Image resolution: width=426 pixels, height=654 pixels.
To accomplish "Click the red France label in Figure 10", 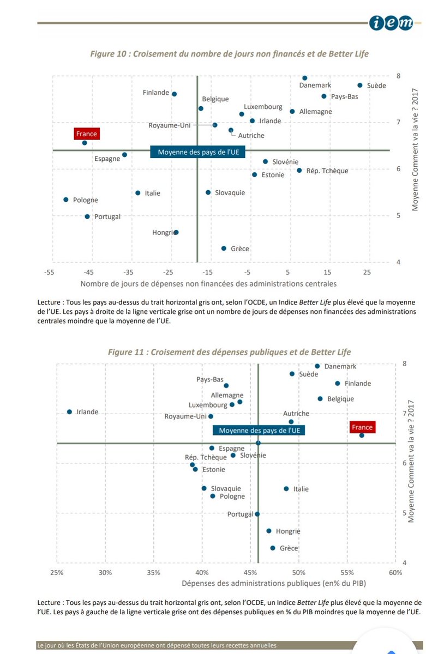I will [x=87, y=134].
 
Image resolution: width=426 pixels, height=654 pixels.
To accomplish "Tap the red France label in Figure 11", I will [x=362, y=427].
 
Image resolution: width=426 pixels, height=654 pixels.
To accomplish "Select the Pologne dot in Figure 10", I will [x=66, y=199].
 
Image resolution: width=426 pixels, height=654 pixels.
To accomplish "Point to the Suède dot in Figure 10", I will [x=360, y=86].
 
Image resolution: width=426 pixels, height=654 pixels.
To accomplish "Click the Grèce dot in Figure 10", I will [x=224, y=249].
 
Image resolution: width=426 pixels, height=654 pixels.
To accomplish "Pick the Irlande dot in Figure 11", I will [x=69, y=412].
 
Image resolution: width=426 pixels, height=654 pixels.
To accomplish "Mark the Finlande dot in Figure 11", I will [x=338, y=383].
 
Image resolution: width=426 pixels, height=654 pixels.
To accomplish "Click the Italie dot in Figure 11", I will [x=286, y=489].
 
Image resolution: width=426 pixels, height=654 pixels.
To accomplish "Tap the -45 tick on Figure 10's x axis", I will [x=88, y=272].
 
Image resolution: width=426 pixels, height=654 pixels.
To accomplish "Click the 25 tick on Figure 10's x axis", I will [x=367, y=272].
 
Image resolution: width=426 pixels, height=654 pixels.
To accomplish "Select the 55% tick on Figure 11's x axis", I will [x=347, y=573].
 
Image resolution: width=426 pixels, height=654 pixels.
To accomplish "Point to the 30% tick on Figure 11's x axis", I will [x=105, y=573].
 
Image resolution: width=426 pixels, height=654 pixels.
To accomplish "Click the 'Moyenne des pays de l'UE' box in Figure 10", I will [x=198, y=152].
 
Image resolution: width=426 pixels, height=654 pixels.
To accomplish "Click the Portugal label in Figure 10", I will [x=107, y=217].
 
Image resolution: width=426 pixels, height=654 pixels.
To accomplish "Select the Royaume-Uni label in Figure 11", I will [x=185, y=417].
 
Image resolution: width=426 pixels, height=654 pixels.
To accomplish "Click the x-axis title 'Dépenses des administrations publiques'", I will [x=273, y=583].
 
